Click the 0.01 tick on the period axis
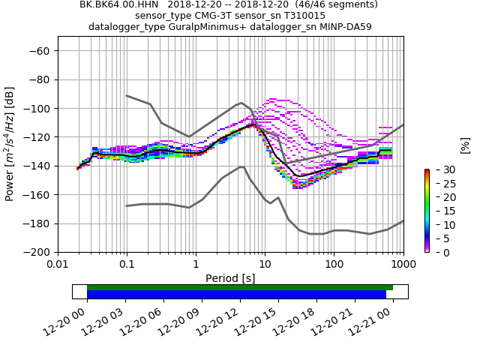pyautogui.click(x=58, y=265)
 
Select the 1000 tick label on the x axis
pyautogui.click(x=403, y=265)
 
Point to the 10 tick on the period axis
pyautogui.click(x=265, y=265)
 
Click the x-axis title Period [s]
pyautogui.click(x=230, y=278)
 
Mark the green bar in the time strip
pyautogui.click(x=240, y=287)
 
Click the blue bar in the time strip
pyautogui.click(x=236, y=295)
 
